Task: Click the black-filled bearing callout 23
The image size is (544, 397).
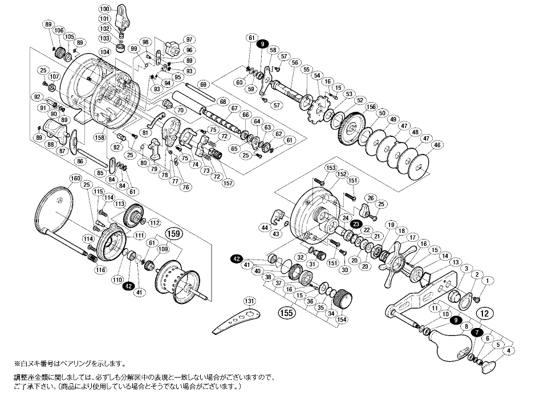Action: pyautogui.click(x=356, y=224)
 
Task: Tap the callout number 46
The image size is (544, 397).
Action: pyautogui.click(x=437, y=145)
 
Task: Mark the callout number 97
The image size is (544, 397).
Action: pyautogui.click(x=189, y=39)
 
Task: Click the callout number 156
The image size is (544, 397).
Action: pyautogui.click(x=371, y=106)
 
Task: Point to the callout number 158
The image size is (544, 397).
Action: pyautogui.click(x=100, y=137)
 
